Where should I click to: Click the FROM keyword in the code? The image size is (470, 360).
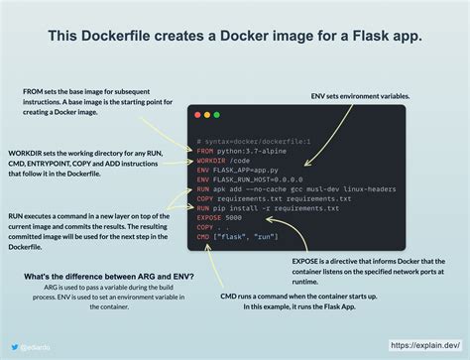(206, 151)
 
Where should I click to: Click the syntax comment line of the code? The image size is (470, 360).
(254, 142)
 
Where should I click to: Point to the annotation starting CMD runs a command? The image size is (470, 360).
(289, 299)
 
